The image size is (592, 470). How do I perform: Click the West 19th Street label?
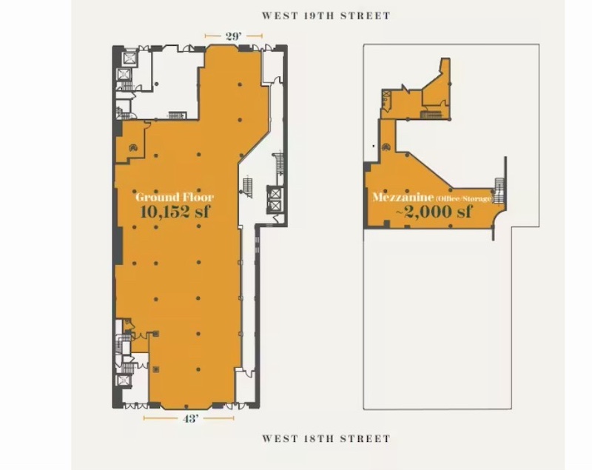(x=326, y=16)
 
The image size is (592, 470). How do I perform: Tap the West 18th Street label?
(x=326, y=439)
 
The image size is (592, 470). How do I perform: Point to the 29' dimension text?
(x=234, y=36)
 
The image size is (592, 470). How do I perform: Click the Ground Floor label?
(x=175, y=197)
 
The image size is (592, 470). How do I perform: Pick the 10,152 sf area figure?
(x=175, y=212)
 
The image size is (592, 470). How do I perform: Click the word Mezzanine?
(x=403, y=197)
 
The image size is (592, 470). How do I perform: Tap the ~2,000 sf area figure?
(x=434, y=212)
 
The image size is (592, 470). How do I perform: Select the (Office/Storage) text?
(x=464, y=198)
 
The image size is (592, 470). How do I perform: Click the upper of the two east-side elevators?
(x=275, y=193)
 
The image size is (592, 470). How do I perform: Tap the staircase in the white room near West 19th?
(x=177, y=115)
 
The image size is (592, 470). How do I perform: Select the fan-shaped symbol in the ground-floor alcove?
(x=133, y=147)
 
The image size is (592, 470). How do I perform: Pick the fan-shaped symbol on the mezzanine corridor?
(x=386, y=147)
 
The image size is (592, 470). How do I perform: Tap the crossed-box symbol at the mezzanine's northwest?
(x=386, y=94)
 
